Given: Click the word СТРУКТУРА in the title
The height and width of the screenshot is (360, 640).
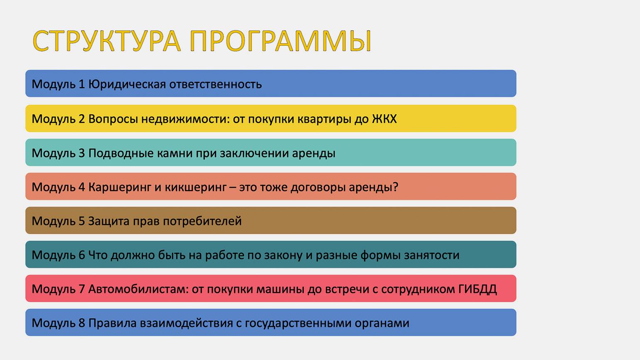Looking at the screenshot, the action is click(x=107, y=41).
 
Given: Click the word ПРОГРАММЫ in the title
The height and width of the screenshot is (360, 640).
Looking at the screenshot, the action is click(x=281, y=41).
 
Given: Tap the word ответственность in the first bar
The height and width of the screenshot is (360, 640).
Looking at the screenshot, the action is click(x=215, y=84).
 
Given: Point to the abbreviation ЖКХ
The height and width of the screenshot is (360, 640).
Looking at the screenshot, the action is click(x=384, y=119).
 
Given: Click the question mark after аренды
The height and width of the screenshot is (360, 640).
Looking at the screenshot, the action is click(x=395, y=187).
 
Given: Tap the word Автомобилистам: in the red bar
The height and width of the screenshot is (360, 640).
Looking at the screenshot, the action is click(x=138, y=289).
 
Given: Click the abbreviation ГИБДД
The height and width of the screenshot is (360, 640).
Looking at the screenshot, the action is click(x=478, y=289).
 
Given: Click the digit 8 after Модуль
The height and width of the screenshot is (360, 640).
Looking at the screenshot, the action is click(x=82, y=323).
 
